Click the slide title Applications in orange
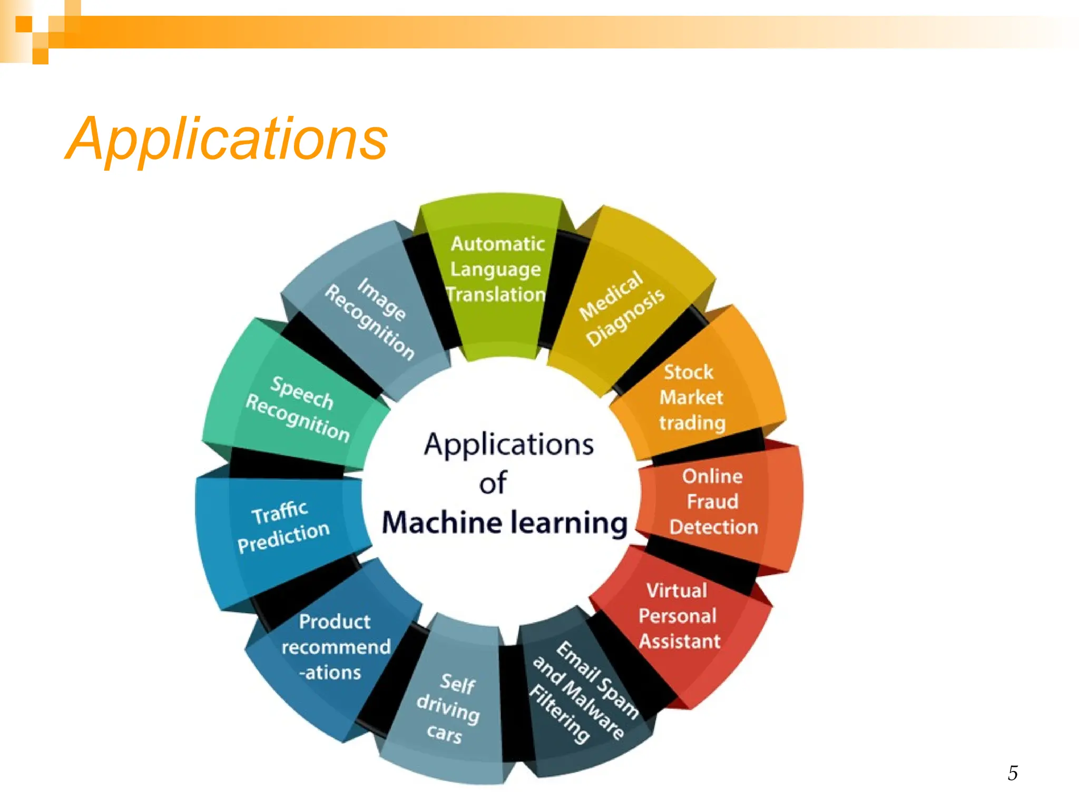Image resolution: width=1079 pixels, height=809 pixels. tap(227, 139)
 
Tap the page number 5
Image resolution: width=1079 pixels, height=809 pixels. tap(1013, 773)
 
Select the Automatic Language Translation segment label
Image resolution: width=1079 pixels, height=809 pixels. tap(496, 269)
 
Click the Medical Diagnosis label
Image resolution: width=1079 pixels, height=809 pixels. tap(622, 309)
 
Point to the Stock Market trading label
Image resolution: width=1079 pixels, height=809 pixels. tap(692, 398)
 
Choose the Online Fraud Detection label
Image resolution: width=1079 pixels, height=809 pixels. tap(713, 501)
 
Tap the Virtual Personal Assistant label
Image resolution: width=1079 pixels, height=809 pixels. tap(679, 616)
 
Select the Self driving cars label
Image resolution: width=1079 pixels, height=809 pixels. tap(449, 708)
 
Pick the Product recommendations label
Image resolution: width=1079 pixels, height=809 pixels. tap(335, 647)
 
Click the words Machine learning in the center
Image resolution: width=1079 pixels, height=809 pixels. tap(505, 523)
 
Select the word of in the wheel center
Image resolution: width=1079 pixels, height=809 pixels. tap(493, 483)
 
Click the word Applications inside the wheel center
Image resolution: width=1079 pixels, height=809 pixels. tap(509, 444)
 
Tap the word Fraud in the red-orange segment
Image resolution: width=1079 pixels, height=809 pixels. tap(712, 501)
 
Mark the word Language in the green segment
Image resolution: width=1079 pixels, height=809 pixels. tap(495, 270)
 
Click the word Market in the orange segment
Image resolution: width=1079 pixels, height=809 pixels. tap(691, 398)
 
